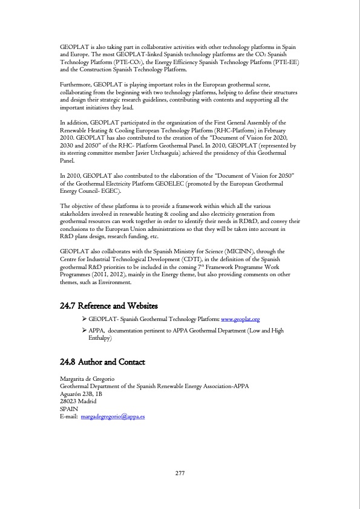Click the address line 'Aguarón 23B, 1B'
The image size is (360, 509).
click(x=81, y=394)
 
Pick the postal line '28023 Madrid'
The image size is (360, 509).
click(x=76, y=401)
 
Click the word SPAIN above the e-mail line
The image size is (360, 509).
click(x=68, y=409)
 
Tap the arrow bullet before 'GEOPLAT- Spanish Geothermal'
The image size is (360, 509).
click(x=83, y=319)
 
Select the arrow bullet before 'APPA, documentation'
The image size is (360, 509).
click(x=83, y=331)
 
